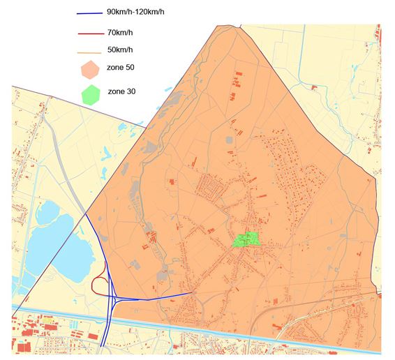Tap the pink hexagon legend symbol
(91, 70)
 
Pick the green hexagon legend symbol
(91, 93)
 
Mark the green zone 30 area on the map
(245, 239)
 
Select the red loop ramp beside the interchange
(98, 285)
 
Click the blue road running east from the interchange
(154, 296)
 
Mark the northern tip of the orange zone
(233, 27)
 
